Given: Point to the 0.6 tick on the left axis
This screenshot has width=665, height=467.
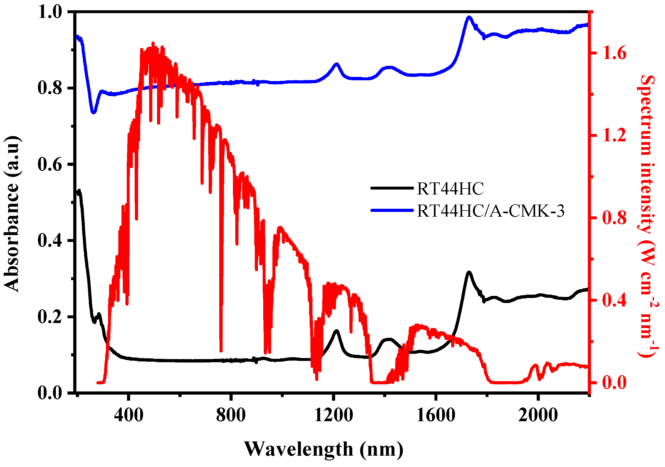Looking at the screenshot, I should (50, 164).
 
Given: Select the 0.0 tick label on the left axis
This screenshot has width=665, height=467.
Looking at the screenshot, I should (50, 393).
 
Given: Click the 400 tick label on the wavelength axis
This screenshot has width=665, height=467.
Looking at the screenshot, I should (129, 415).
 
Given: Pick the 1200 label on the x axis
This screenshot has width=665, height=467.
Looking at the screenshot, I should (333, 415).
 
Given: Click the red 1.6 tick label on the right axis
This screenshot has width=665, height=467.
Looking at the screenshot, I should (614, 53).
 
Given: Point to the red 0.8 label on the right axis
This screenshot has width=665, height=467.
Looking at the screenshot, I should (614, 218).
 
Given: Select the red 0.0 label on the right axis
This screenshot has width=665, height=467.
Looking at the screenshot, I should (614, 382).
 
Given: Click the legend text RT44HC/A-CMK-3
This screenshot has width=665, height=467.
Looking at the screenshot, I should (491, 211).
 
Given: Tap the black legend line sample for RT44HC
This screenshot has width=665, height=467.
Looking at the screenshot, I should (392, 188).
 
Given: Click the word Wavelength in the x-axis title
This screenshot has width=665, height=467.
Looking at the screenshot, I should (299, 449).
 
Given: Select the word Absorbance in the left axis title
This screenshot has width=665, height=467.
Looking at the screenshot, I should (12, 237).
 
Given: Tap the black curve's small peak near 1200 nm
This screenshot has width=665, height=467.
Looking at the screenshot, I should (336, 331).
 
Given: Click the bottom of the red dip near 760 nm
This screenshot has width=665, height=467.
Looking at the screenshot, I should (221, 351).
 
